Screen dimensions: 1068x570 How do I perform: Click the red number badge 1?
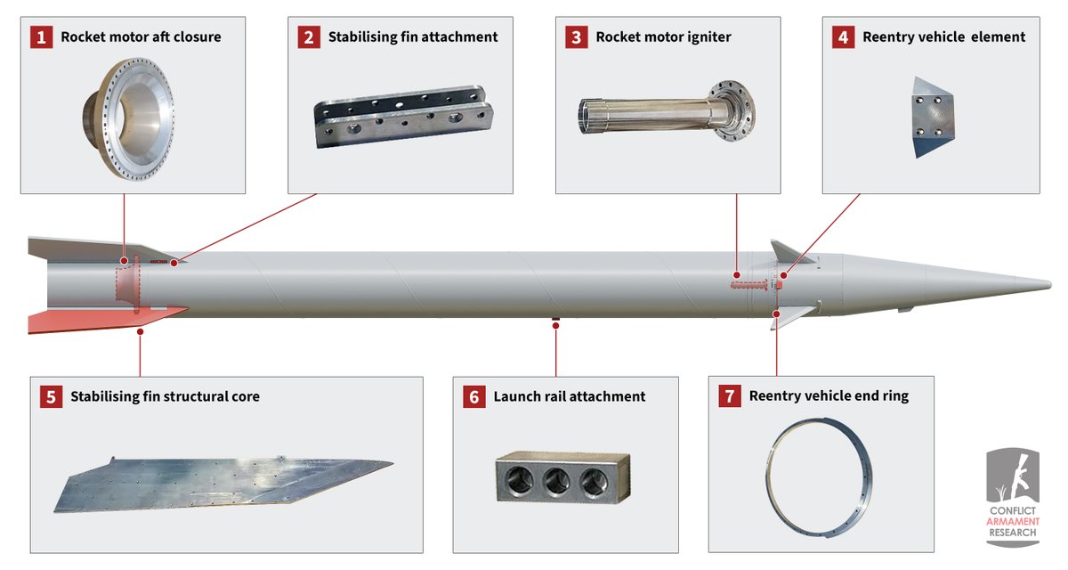(42, 37)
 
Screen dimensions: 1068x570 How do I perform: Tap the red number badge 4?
(843, 37)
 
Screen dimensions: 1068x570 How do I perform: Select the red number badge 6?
(473, 397)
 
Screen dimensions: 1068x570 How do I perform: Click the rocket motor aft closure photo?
(128, 119)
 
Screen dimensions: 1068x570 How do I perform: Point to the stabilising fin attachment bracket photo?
(403, 117)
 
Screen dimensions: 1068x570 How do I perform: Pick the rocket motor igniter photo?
(667, 111)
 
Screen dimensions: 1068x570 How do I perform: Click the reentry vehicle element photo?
(933, 118)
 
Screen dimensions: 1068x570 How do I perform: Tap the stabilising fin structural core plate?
(223, 484)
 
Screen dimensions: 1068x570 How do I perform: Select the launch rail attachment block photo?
(562, 477)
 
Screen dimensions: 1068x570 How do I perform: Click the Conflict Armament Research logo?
(1012, 497)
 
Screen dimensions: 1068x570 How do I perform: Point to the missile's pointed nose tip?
(1050, 285)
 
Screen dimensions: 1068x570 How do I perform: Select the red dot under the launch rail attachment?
(555, 326)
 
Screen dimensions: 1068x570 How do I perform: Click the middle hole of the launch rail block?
(556, 481)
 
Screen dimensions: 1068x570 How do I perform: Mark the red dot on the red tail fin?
(140, 331)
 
